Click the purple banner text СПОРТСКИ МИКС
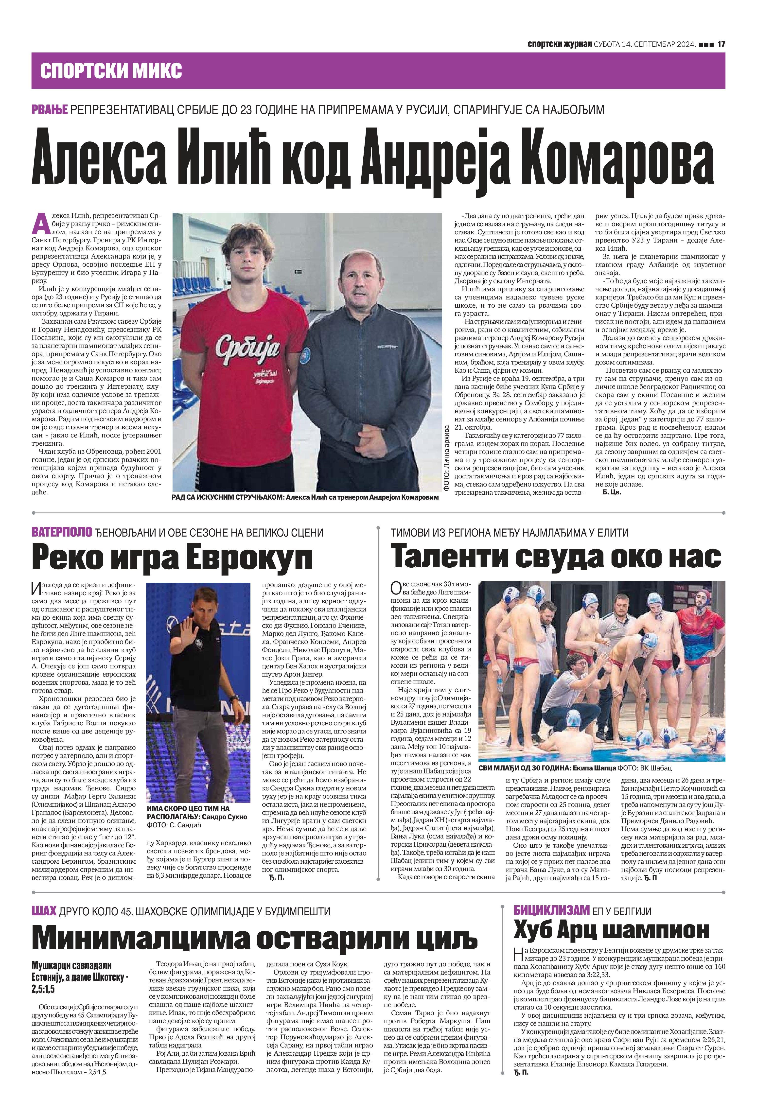pos(111,71)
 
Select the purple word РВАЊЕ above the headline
pos(50,110)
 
